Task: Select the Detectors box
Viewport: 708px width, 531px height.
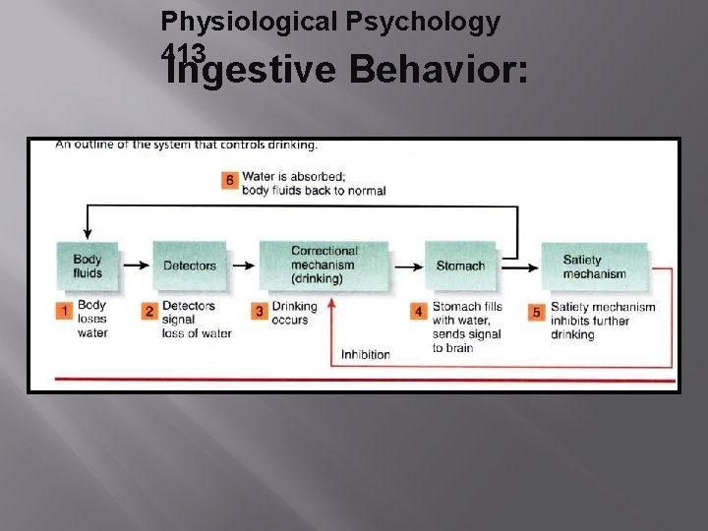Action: pyautogui.click(x=190, y=265)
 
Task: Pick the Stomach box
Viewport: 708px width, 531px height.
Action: pyautogui.click(x=460, y=265)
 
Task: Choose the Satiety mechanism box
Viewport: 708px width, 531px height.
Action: pyautogui.click(x=594, y=265)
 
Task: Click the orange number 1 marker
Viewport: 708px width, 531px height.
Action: pyautogui.click(x=64, y=311)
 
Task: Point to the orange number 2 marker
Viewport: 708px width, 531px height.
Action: pyautogui.click(x=149, y=311)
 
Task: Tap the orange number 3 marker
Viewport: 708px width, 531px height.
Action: pyautogui.click(x=260, y=311)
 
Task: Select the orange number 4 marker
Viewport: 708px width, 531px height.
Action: pyautogui.click(x=419, y=311)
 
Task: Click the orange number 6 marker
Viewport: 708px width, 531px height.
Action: pyautogui.click(x=229, y=180)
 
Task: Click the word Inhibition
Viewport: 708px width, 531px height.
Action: pyautogui.click(x=366, y=354)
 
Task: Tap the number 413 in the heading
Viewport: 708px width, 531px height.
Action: pyautogui.click(x=185, y=52)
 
